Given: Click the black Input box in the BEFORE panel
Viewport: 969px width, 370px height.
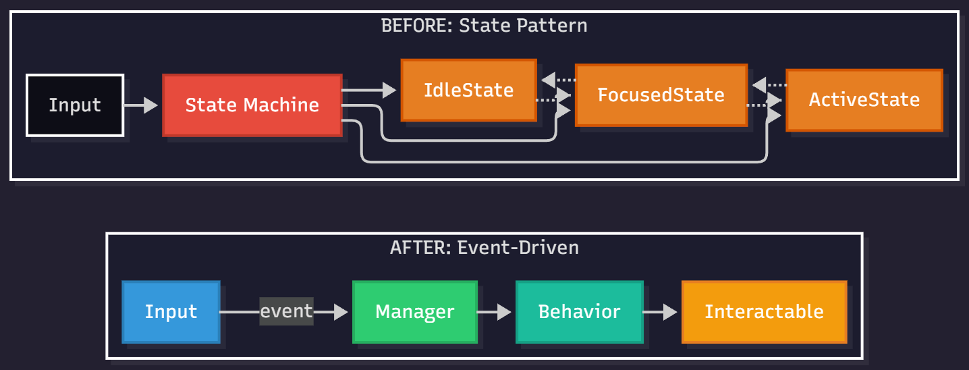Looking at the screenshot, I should (75, 105).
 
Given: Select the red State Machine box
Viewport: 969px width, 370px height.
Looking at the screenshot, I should (252, 105).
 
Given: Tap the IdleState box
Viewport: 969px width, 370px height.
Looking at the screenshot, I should (469, 90).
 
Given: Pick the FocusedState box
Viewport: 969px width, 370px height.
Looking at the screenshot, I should (661, 95).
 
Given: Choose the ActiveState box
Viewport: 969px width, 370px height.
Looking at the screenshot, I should (864, 100).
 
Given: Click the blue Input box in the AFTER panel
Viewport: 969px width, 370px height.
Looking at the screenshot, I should (171, 312).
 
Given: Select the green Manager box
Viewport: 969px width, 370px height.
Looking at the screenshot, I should (415, 312).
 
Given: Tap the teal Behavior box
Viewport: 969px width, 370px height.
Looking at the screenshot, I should (579, 312).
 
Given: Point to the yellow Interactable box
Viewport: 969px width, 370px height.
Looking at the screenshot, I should (764, 312).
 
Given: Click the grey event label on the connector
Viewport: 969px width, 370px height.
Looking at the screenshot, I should (287, 311).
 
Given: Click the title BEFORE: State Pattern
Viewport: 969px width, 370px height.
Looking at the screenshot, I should (484, 26).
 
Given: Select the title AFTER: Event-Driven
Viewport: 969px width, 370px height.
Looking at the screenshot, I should (484, 247).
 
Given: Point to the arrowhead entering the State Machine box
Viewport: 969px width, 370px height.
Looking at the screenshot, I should (150, 105).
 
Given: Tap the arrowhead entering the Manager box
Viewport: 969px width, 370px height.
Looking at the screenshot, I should (341, 312).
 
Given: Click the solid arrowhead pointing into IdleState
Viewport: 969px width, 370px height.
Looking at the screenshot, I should (389, 90).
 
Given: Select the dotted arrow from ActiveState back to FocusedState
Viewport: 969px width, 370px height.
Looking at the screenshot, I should (769, 86).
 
